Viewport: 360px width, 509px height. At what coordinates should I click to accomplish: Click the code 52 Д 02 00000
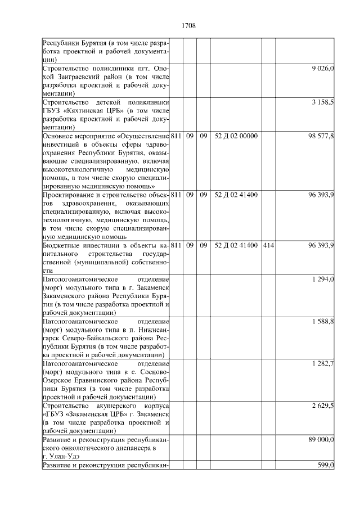(x=236, y=136)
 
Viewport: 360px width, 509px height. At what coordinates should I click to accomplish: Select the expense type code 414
(x=268, y=245)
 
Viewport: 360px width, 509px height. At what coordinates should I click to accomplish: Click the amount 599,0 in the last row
(x=326, y=465)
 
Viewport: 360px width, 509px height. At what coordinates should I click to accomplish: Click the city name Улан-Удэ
(x=58, y=456)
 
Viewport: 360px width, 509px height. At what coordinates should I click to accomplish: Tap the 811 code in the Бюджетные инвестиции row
(x=175, y=245)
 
